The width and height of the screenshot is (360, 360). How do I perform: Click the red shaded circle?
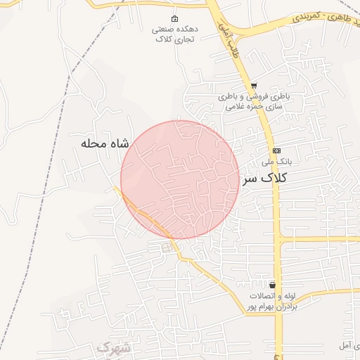pyautogui.click(x=180, y=179)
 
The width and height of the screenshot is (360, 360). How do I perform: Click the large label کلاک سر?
pyautogui.click(x=266, y=179)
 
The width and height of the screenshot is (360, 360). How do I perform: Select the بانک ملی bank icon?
pyautogui.click(x=276, y=150)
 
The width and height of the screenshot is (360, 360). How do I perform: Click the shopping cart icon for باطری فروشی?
pyautogui.click(x=253, y=85)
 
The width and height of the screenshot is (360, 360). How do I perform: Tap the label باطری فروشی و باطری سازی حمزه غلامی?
pyautogui.click(x=253, y=101)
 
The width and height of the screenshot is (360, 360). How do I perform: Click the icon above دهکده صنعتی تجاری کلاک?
pyautogui.click(x=175, y=18)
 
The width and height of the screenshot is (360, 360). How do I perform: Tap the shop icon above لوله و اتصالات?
pyautogui.click(x=272, y=285)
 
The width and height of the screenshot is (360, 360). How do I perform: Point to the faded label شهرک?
pyautogui.click(x=112, y=348)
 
